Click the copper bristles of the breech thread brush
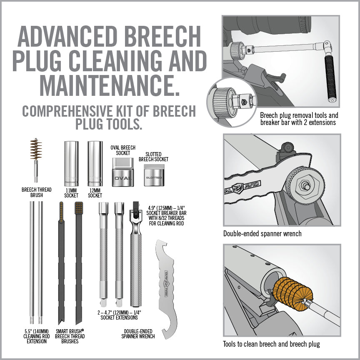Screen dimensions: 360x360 [x=36, y=150]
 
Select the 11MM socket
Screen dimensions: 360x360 [x=71, y=163]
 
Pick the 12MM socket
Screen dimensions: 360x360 [x=95, y=163]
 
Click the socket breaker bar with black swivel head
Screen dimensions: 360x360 [x=135, y=254]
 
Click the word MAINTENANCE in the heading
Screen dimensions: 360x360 [x=110, y=84]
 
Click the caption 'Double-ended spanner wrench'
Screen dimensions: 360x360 [x=262, y=234]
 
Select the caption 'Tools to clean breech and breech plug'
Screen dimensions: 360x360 [x=272, y=344]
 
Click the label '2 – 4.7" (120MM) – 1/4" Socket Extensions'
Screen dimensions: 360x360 [x=119, y=315]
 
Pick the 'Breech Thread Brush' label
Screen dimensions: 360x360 [x=37, y=192]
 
